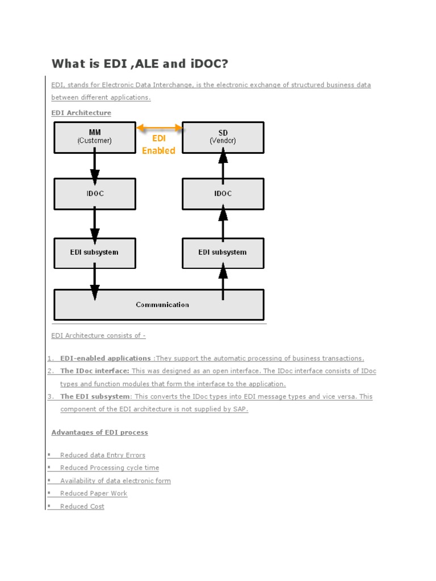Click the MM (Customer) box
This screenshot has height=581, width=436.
coord(95,137)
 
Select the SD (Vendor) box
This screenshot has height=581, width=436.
coord(223,137)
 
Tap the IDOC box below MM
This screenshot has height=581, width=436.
coord(95,193)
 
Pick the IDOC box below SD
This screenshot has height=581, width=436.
coord(223,193)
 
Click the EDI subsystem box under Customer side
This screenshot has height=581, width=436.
coord(95,252)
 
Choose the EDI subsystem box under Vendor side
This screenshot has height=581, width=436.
coord(223,252)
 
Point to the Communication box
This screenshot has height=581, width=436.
coord(159,305)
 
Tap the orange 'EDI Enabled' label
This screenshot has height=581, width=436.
coord(158,145)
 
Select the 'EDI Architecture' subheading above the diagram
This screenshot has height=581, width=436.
coord(81,113)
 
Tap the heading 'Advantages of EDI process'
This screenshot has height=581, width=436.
coord(99,432)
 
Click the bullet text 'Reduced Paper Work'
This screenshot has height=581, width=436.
coord(94,494)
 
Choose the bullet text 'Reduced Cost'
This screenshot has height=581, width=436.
coord(82,507)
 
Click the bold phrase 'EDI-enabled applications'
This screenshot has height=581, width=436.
coord(106,359)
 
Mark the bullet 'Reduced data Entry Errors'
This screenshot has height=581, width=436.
coord(103,455)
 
